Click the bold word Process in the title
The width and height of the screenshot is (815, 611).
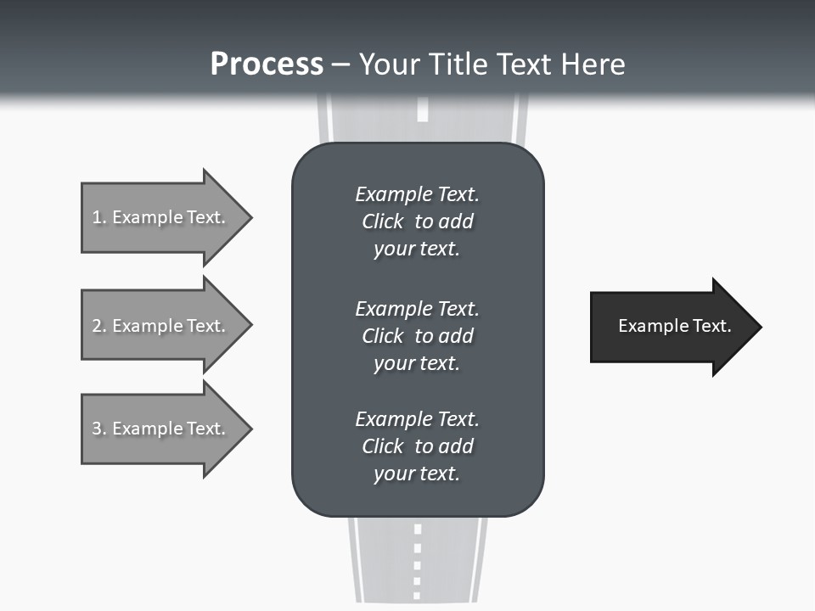267,64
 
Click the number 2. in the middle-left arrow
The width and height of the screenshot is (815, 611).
99,326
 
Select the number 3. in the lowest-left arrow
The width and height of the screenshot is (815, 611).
99,429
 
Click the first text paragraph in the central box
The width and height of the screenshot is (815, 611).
417,221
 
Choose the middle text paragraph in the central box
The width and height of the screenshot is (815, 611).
417,335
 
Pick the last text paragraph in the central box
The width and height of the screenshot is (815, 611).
417,446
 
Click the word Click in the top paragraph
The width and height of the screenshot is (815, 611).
383,221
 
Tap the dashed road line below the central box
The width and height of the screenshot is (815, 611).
417,560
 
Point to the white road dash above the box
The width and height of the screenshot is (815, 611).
422,111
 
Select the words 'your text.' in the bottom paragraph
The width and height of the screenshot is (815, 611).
417,474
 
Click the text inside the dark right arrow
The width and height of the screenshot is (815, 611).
675,326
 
